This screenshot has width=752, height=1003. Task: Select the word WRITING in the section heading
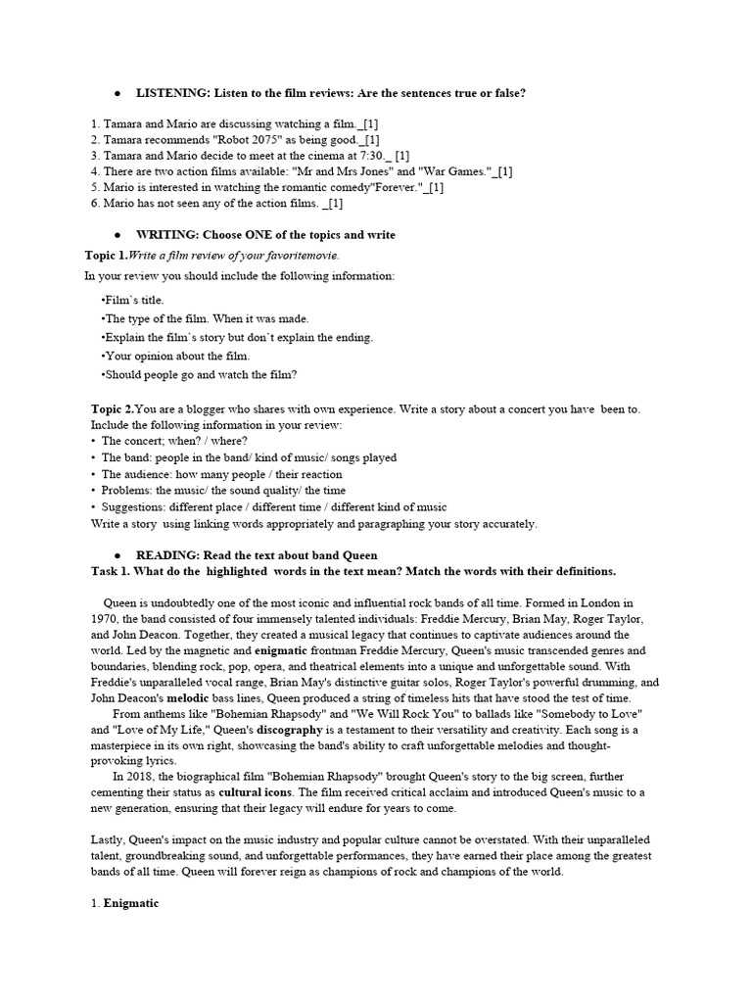165,235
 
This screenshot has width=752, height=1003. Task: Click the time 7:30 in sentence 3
364,156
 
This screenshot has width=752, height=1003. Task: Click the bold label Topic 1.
107,255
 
